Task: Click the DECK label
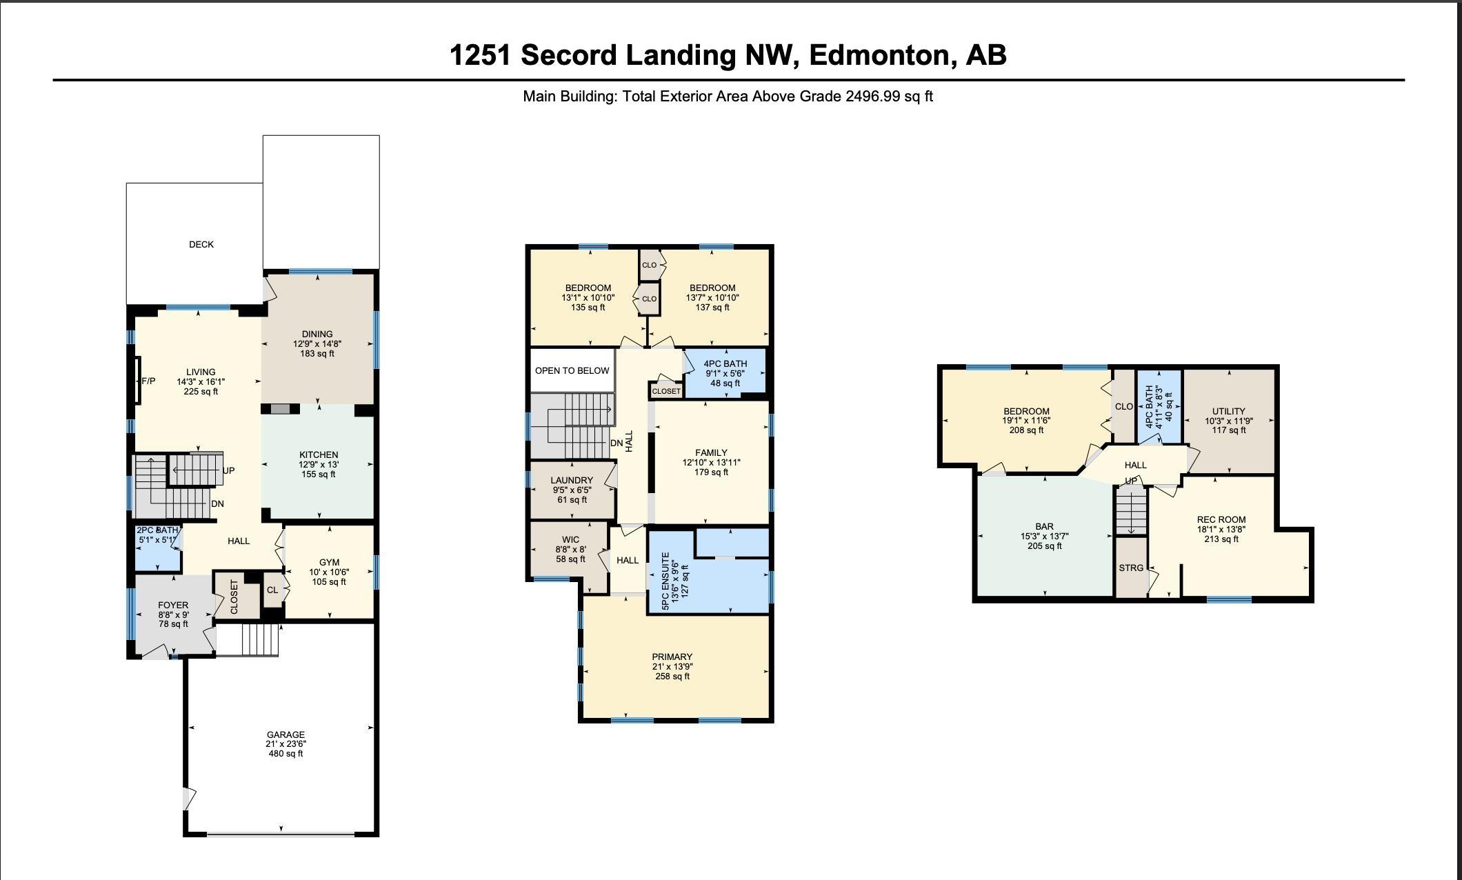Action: click(201, 244)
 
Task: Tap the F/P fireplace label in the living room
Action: click(148, 381)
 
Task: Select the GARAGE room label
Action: click(286, 734)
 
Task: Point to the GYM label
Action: click(329, 562)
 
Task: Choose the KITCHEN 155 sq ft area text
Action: click(319, 474)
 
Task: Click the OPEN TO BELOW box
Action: click(572, 370)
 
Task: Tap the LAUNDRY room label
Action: click(572, 480)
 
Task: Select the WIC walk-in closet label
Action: click(571, 539)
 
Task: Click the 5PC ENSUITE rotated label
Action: click(665, 581)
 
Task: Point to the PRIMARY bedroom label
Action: click(672, 657)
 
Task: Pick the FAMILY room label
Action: click(711, 452)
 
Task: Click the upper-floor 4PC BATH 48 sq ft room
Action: click(725, 373)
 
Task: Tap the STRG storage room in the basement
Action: click(1131, 568)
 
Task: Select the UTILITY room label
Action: click(1229, 411)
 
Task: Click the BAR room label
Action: click(1045, 526)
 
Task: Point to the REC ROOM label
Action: click(1221, 520)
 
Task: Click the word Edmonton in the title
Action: click(879, 55)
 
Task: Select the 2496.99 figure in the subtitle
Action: click(873, 97)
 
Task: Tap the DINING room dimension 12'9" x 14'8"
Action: click(317, 343)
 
